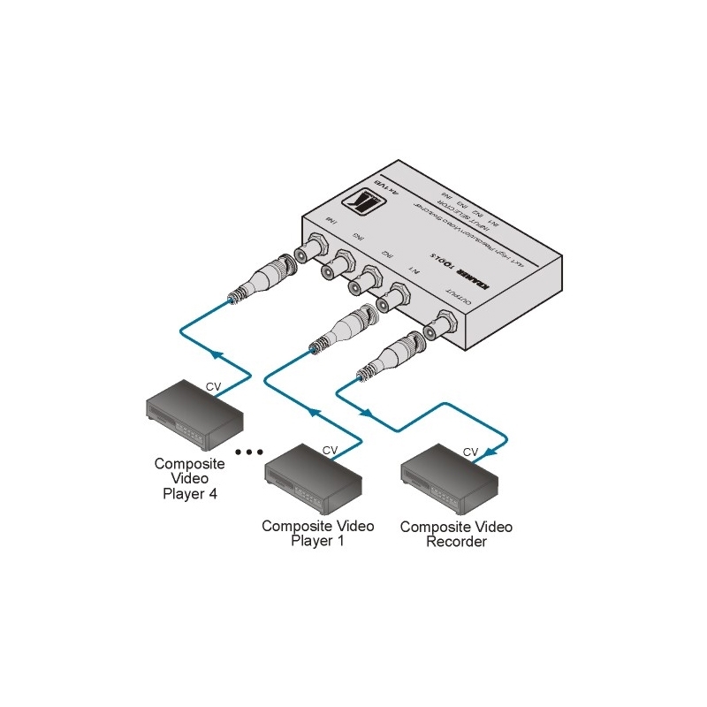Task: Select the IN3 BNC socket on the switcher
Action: (x=335, y=268)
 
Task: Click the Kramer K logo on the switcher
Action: (x=366, y=204)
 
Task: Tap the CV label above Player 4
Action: (x=213, y=386)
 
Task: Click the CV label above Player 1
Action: (x=330, y=450)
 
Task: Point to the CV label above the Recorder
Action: (x=470, y=452)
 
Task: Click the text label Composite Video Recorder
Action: (x=456, y=534)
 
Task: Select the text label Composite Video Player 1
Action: (x=318, y=533)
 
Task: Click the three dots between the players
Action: (x=249, y=452)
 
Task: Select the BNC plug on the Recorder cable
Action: (x=390, y=356)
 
